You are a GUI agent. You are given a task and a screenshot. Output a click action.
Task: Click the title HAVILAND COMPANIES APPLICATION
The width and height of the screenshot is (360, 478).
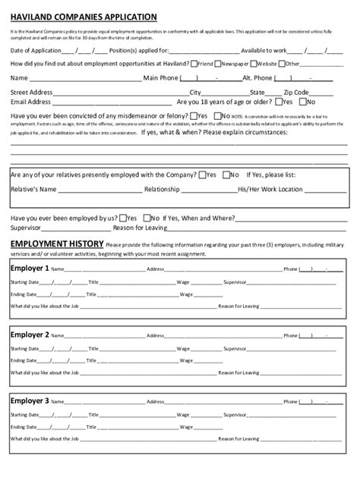[x=84, y=16]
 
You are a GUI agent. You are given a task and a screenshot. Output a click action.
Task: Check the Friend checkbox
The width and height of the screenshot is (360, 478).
[x=195, y=64]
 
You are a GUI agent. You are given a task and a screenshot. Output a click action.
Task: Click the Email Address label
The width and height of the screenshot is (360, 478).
[x=31, y=102]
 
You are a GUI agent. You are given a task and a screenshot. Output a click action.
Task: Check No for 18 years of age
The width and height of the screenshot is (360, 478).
[x=304, y=102]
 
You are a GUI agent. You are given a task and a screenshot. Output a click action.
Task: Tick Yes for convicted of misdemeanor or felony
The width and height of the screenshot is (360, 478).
[x=192, y=116]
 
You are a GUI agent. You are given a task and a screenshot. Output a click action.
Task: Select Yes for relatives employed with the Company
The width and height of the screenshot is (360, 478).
[x=201, y=175]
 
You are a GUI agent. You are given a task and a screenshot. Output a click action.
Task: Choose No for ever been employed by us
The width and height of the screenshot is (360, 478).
[x=146, y=217]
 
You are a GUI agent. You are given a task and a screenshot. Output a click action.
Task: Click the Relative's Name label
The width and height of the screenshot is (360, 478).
[x=33, y=189]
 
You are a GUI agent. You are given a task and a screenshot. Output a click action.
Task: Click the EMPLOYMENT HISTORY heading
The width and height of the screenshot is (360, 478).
[x=56, y=244]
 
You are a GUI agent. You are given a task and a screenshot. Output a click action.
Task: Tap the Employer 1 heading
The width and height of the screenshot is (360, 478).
[x=30, y=268]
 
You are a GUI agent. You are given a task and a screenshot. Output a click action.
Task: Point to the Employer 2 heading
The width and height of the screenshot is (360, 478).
[x=30, y=334]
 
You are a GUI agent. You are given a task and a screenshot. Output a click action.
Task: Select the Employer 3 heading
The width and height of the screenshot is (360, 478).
[x=30, y=400]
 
